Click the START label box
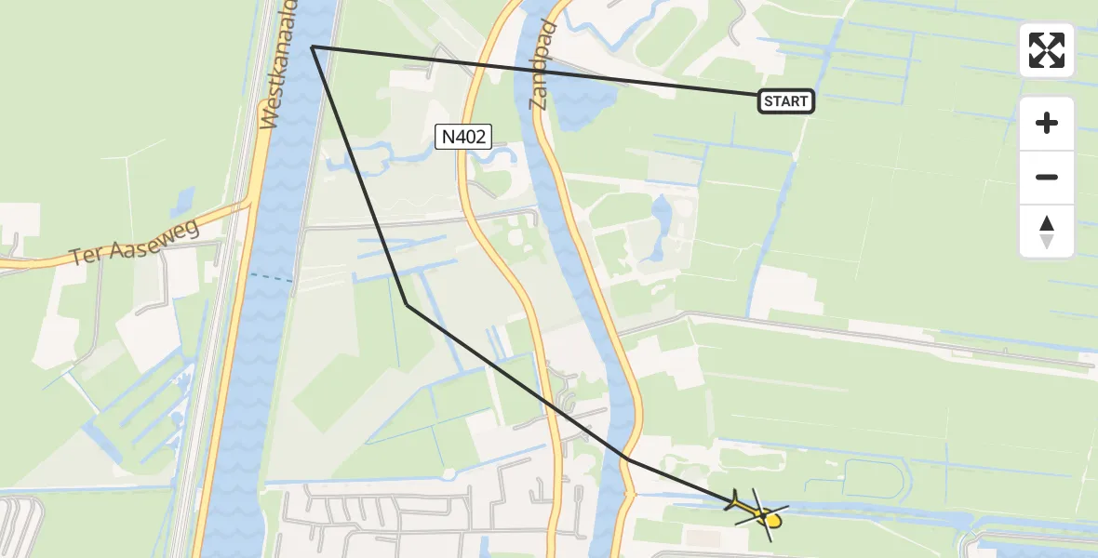pos(786,101)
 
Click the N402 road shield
pos(463,137)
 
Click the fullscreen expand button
pos(1046,50)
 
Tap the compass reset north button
pos(1046,232)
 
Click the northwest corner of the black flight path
pos(312,46)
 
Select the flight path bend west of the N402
pos(407,304)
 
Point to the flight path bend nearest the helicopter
pos(628,458)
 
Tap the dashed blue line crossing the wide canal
pos(272,277)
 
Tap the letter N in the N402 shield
pos(448,137)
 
